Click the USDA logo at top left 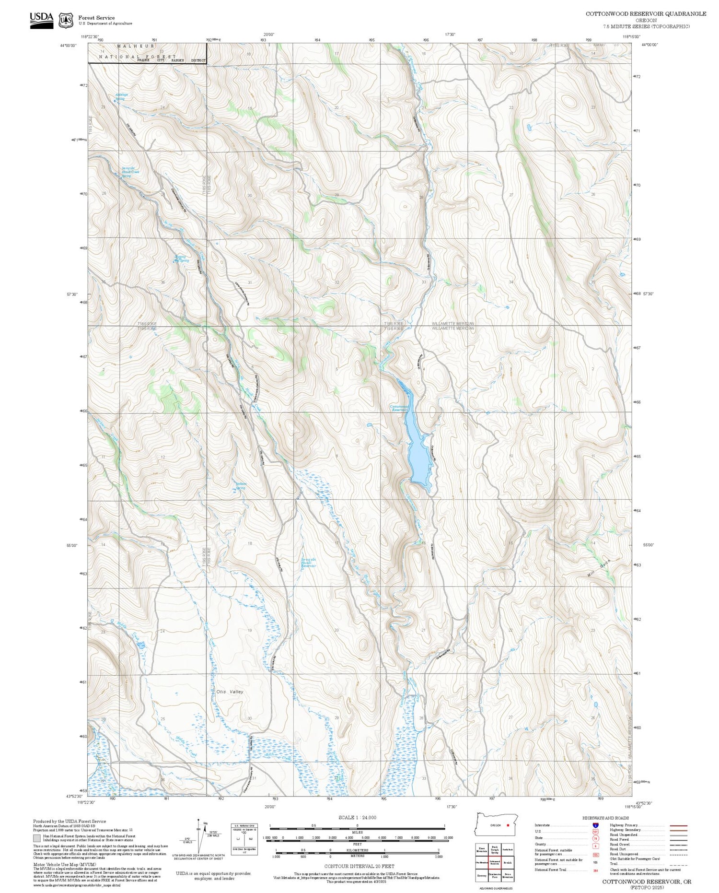pyautogui.click(x=42, y=20)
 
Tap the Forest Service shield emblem pyautogui.click(x=66, y=20)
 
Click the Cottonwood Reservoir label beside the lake pyautogui.click(x=399, y=408)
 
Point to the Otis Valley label pyautogui.click(x=230, y=692)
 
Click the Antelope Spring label pyautogui.click(x=122, y=96)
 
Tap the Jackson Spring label pyautogui.click(x=241, y=485)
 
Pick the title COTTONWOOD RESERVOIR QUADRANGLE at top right pyautogui.click(x=646, y=14)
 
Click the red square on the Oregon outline pyautogui.click(x=508, y=825)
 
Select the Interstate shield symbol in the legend pyautogui.click(x=595, y=825)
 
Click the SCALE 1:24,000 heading pyautogui.click(x=357, y=817)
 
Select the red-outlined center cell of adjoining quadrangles pyautogui.click(x=495, y=862)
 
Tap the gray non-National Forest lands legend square pyautogui.click(x=37, y=838)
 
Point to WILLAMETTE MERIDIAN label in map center pyautogui.click(x=452, y=326)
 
